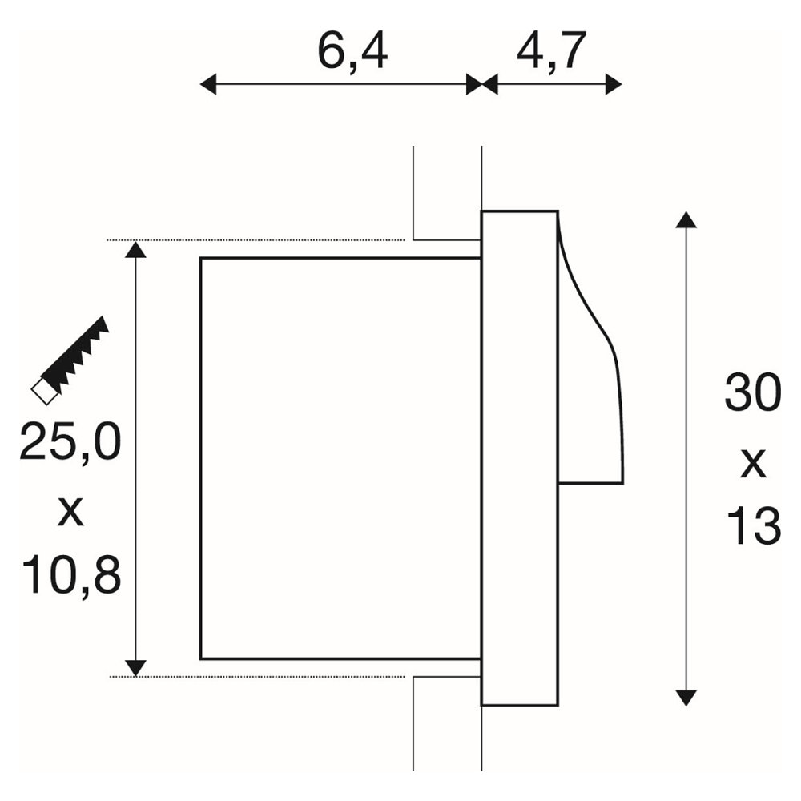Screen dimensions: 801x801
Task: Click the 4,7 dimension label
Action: [x=551, y=51]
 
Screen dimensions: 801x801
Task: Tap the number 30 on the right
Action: [x=753, y=392]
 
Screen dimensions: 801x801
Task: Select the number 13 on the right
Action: [x=754, y=525]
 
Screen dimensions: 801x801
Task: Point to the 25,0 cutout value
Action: [x=70, y=442]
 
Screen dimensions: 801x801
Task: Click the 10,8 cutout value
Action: [x=71, y=575]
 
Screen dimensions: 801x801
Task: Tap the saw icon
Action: [x=70, y=360]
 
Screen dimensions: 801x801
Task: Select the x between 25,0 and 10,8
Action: [x=70, y=512]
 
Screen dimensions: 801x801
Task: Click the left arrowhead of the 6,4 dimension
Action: [x=208, y=84]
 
